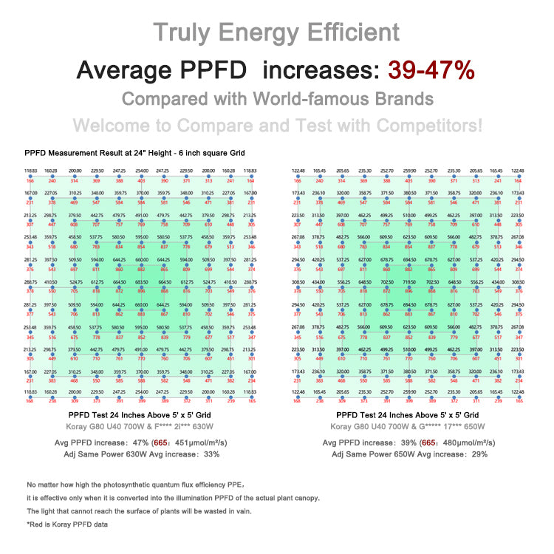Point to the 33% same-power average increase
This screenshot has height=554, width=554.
pyautogui.click(x=210, y=454)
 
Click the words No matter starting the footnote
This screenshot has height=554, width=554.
pyautogui.click(x=44, y=485)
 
